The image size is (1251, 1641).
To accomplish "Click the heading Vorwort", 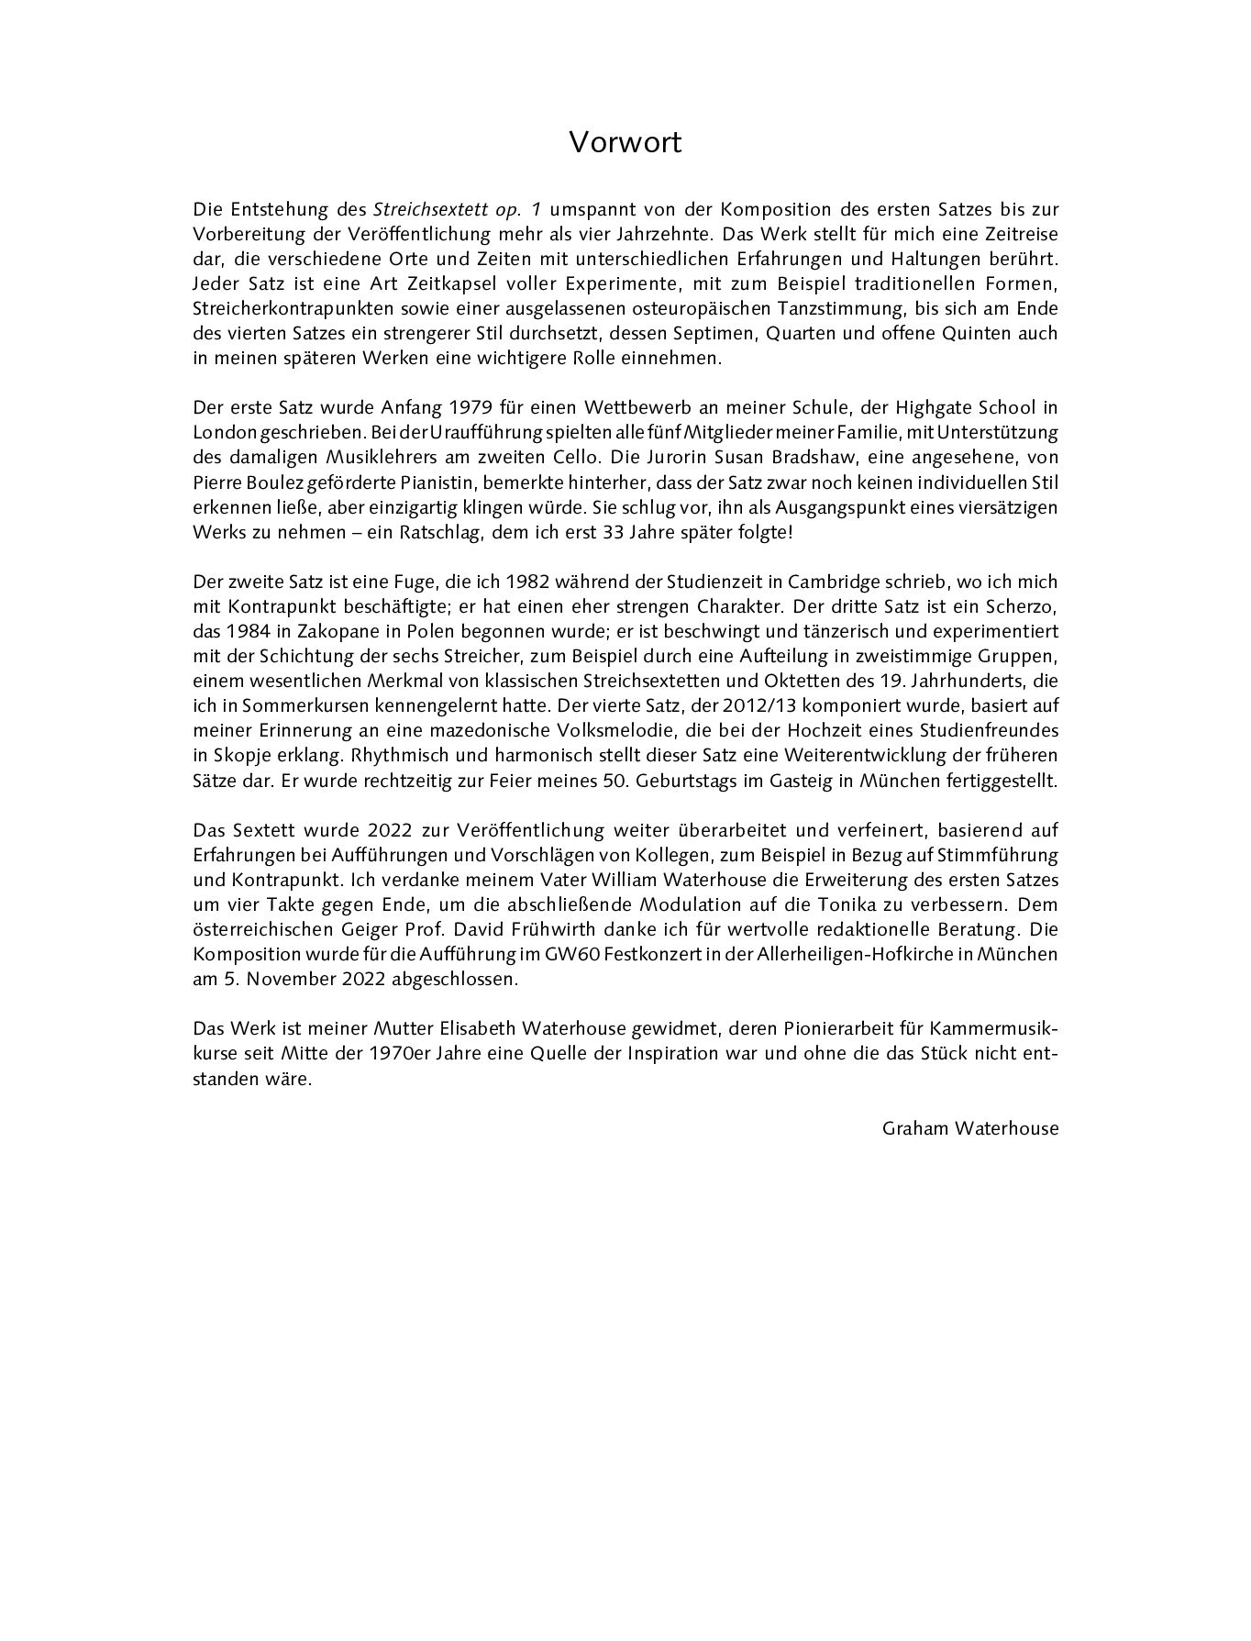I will pyautogui.click(x=625, y=143).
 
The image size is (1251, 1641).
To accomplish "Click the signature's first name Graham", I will pyautogui.click(x=911, y=1128).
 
